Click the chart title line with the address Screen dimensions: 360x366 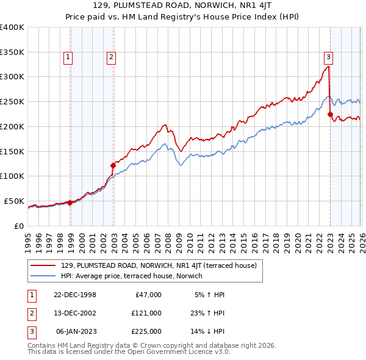click(183, 5)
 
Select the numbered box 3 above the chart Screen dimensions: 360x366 click(328, 57)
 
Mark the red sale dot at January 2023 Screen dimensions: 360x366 click(330, 113)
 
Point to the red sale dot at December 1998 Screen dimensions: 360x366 click(70, 203)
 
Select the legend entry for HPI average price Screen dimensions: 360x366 click(131, 276)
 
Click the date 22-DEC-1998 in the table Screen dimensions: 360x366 click(75, 294)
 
